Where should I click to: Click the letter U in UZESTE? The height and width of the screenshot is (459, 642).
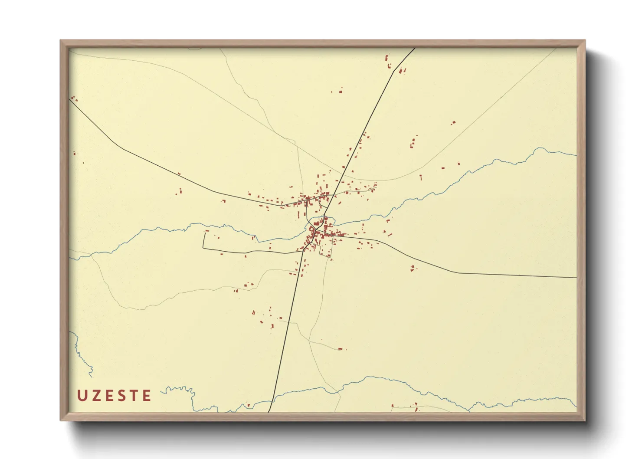tap(81, 395)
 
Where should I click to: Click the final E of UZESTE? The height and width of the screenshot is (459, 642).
tap(147, 395)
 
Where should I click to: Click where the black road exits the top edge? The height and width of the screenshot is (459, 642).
tap(414, 49)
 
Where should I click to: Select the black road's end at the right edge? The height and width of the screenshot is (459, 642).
tap(576, 277)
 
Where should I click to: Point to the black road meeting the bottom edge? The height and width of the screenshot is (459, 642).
tap(269, 411)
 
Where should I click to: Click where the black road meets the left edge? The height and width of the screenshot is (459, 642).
tap(70, 100)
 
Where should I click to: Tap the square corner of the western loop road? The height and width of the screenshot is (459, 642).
tap(203, 248)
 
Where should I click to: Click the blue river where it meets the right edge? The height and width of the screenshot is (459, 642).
tap(576, 155)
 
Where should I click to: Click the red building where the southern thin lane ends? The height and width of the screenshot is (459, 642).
tap(341, 348)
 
